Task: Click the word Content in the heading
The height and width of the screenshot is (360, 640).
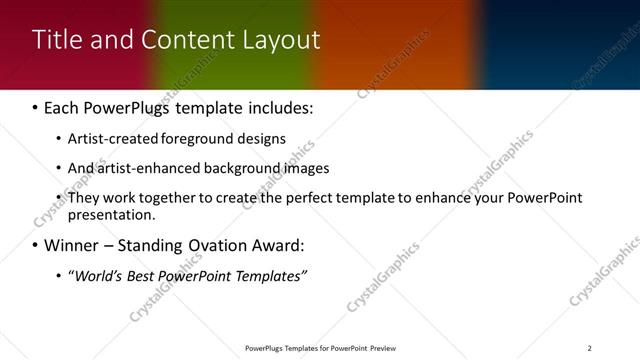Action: click(182, 40)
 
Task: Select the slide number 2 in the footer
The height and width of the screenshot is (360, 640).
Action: click(589, 348)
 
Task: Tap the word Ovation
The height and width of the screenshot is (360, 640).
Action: click(218, 245)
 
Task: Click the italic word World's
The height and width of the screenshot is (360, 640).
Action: click(97, 276)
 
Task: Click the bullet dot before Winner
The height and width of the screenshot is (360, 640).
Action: click(36, 246)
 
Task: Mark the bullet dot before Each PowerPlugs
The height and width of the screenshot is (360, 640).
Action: click(36, 107)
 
